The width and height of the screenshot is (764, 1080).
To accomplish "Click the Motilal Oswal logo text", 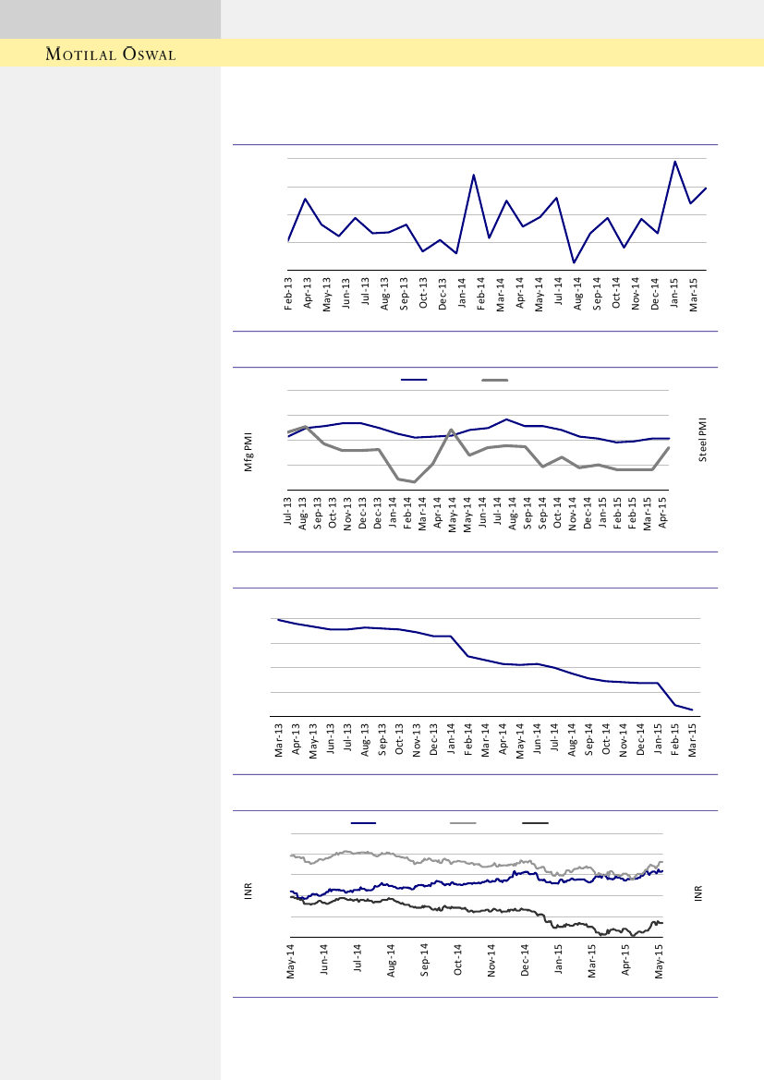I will tap(111, 55).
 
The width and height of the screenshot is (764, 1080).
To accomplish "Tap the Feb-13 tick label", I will tap(288, 293).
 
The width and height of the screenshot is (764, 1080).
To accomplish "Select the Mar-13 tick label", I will tap(278, 740).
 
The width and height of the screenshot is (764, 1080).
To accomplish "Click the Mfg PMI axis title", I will tap(249, 454).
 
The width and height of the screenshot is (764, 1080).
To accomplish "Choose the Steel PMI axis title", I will tap(702, 439).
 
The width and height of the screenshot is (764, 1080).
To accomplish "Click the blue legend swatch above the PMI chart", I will tap(414, 380).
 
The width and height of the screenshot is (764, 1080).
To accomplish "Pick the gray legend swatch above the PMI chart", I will tap(495, 380).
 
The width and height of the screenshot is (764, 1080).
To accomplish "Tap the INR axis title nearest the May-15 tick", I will tap(698, 894).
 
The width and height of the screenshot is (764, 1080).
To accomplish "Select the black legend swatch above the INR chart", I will tap(536, 822).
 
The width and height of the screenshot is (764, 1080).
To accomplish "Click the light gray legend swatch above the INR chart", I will tap(463, 822).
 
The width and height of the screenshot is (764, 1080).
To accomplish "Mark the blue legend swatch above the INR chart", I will tap(364, 822).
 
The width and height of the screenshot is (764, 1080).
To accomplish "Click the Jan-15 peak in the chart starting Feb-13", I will tap(675, 162).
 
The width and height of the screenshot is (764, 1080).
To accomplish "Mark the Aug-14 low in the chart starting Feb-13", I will tap(574, 263).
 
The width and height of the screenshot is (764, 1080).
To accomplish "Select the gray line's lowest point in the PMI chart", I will tap(415, 482).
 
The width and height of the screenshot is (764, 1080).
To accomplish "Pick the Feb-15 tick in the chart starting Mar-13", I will tap(675, 740).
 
